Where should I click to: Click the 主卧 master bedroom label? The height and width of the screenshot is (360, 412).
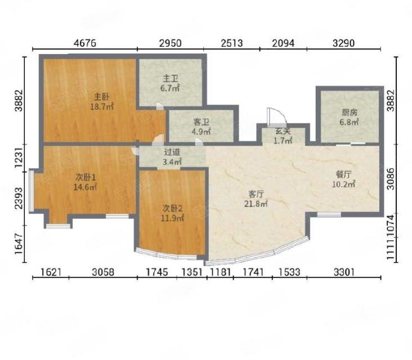click(101, 97)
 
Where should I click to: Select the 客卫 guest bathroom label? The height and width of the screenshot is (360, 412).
click(201, 122)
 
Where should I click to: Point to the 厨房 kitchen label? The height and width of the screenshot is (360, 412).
click(350, 112)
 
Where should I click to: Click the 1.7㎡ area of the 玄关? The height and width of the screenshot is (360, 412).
click(283, 141)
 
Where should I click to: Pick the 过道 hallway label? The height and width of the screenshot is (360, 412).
click(172, 152)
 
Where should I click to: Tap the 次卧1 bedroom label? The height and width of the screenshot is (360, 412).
click(86, 178)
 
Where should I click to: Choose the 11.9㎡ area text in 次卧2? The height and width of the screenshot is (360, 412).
click(172, 218)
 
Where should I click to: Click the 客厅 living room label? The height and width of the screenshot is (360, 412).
click(256, 194)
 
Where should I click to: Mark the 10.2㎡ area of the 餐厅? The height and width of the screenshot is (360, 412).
click(344, 184)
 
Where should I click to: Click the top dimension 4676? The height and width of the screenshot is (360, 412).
click(85, 43)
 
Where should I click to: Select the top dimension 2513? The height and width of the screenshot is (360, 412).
click(232, 43)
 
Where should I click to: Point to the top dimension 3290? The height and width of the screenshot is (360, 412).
click(344, 43)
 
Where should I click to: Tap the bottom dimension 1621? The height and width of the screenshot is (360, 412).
click(51, 272)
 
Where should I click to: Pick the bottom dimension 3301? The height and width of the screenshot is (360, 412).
click(344, 272)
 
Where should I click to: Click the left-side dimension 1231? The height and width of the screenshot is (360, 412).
click(19, 158)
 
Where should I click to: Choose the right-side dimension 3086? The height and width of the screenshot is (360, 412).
click(391, 179)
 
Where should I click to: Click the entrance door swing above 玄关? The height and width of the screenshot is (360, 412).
click(276, 116)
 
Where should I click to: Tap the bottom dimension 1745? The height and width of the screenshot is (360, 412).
click(157, 272)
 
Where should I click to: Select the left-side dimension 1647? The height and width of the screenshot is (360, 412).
click(19, 244)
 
